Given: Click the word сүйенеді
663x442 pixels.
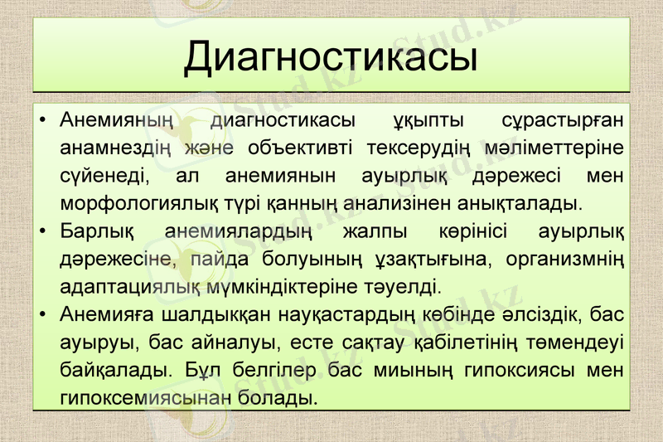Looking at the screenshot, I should click(104, 177).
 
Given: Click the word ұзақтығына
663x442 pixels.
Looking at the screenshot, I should click(431, 259).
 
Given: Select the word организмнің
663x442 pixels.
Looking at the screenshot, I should click(565, 259).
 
